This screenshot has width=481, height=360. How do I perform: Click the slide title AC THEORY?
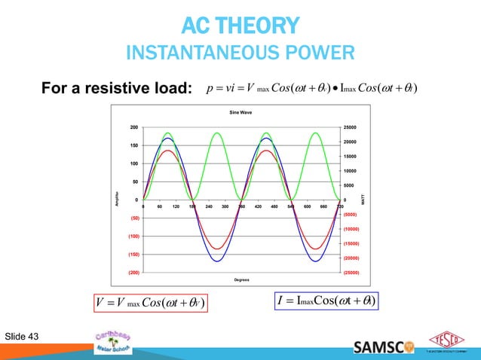coord(240,29)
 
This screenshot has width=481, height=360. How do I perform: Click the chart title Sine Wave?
coord(240,112)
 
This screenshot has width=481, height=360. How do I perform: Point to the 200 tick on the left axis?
coord(133,127)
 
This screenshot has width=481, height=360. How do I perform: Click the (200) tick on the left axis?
coord(133,272)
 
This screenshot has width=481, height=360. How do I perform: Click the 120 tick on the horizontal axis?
coord(176,205)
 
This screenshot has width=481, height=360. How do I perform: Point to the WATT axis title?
coord(363,200)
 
